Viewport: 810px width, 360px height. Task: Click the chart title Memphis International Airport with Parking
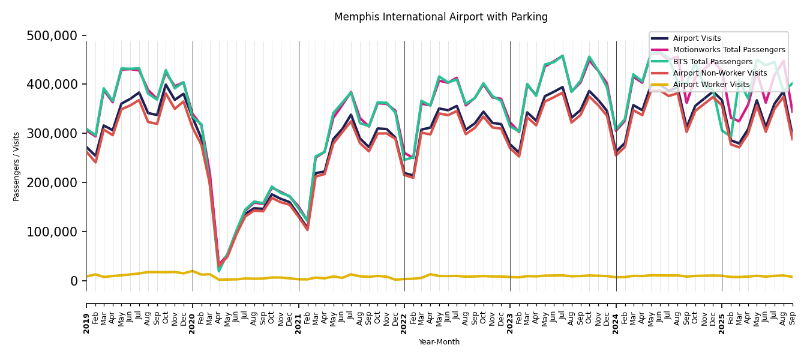coord(441,17)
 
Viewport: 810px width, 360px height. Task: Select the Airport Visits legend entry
coord(697,38)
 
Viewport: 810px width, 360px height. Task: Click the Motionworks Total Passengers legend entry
coord(729,50)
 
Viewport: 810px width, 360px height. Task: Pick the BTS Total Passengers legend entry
coord(712,62)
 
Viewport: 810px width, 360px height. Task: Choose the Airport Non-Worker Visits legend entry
coord(719,73)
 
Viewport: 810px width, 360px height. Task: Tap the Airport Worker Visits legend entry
coord(711,85)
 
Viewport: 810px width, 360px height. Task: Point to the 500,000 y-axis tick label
coord(52,36)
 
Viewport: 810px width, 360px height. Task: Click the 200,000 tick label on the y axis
coord(52,182)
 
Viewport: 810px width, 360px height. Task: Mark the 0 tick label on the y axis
coord(74,281)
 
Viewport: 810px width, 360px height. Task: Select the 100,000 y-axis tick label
coord(52,232)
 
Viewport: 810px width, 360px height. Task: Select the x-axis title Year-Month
coord(439,342)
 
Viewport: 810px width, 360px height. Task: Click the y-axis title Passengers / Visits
coord(17,166)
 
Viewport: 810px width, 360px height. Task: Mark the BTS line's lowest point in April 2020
coord(219,271)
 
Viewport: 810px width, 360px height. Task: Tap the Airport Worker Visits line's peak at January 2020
coord(193,271)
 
